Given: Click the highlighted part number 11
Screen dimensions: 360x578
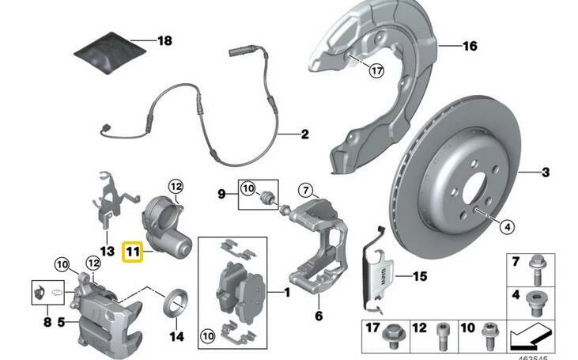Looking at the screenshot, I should point(133,254).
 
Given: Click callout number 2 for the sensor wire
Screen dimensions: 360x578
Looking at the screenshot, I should point(304,134).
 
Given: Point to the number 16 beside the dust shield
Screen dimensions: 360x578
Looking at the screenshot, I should point(470,47).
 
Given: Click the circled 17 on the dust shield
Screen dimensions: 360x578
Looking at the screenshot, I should point(376,70).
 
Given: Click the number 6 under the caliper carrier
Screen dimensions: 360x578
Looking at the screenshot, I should point(319,316).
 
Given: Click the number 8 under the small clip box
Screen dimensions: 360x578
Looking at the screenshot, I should point(47,322).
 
